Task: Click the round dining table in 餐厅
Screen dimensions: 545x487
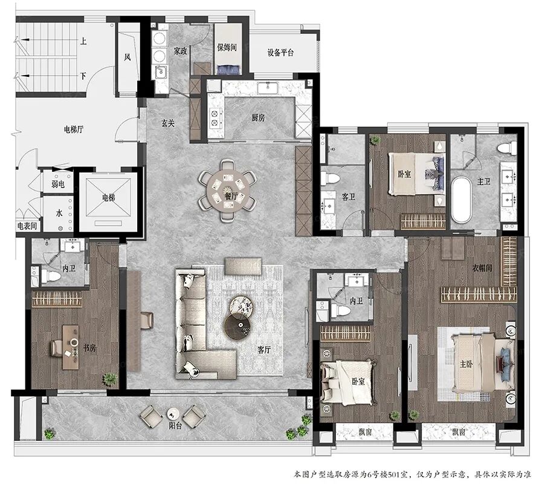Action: point(228,191)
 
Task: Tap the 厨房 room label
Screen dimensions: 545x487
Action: point(258,117)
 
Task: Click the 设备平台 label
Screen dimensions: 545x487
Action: point(280,53)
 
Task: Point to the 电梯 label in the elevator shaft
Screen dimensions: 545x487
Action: point(108,198)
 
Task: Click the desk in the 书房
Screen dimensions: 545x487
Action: point(71,347)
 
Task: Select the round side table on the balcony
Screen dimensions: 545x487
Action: point(173,413)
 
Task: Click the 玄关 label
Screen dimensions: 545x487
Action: point(168,123)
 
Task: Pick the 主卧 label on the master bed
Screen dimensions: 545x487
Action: point(466,364)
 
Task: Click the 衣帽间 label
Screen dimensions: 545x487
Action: point(482,267)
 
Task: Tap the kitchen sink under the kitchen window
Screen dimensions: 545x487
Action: point(268,88)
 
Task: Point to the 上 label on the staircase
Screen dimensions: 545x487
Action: point(83,41)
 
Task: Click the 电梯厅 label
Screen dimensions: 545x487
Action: point(74,129)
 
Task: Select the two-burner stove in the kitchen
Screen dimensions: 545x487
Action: point(215,117)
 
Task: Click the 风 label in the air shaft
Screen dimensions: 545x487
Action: point(127,57)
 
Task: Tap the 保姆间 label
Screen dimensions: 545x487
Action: point(227,47)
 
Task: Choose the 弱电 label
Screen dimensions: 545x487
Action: point(57,184)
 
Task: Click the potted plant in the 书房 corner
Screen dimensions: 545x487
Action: point(109,379)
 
